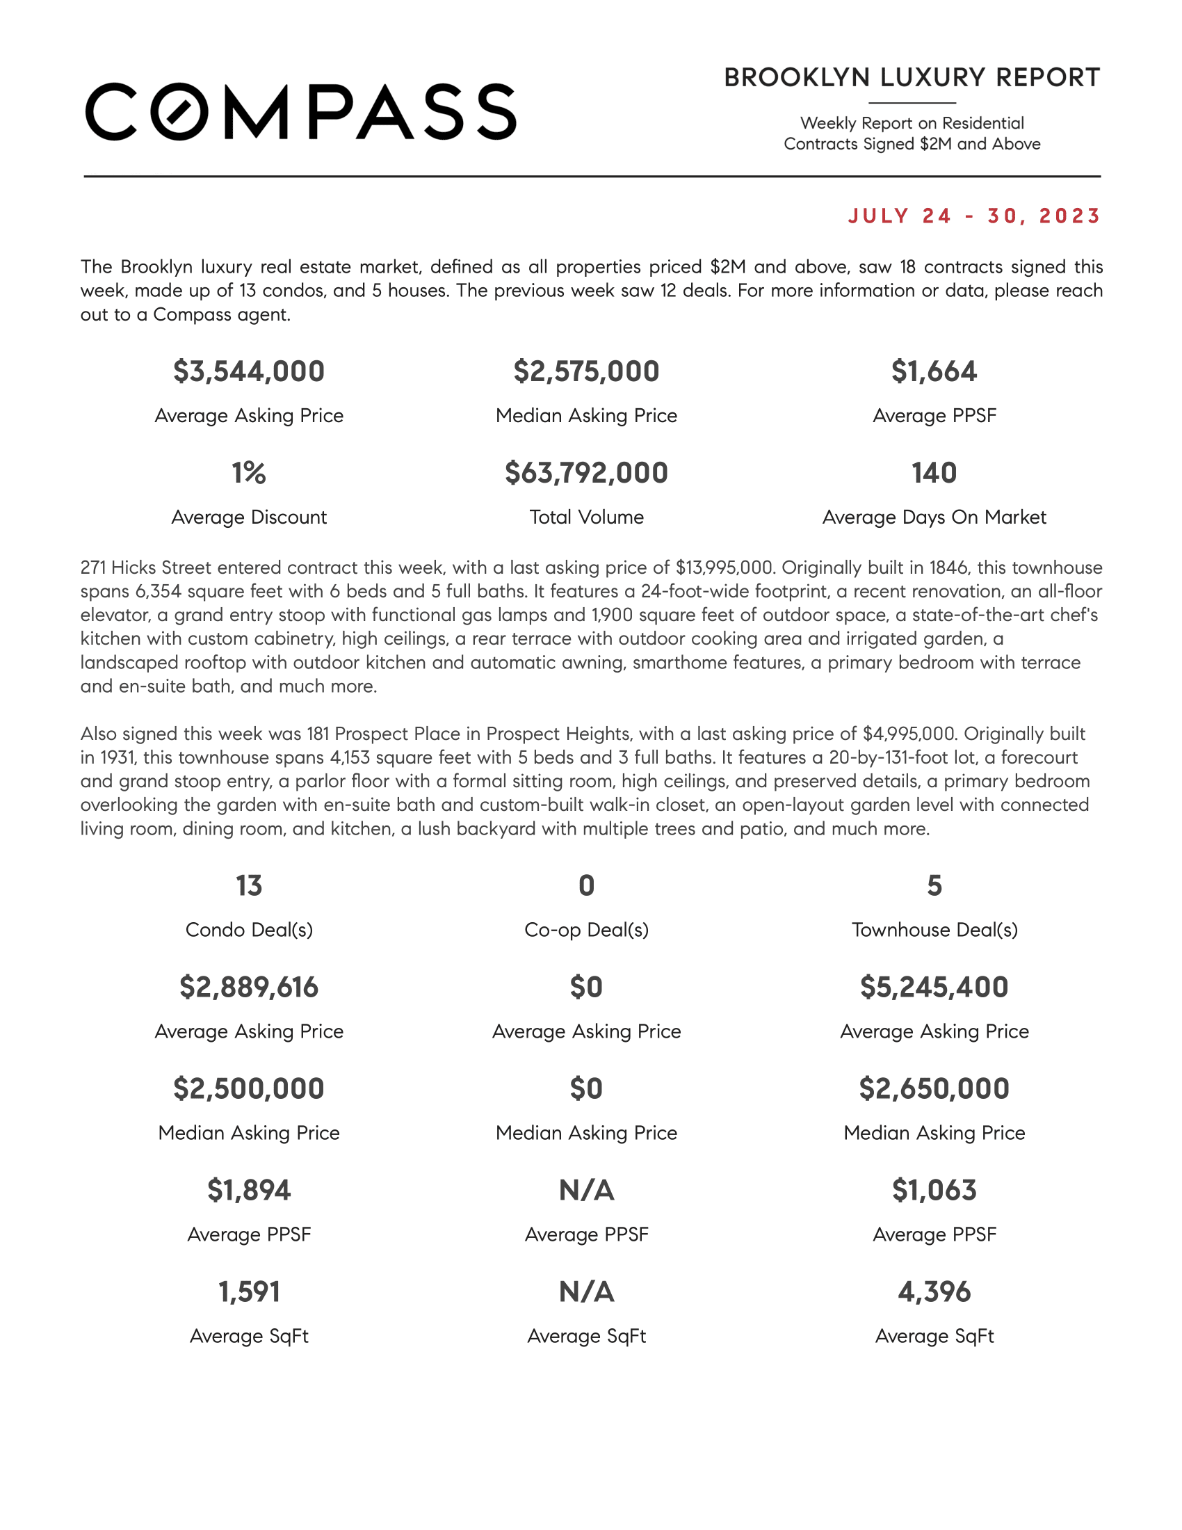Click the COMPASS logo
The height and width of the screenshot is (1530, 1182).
tap(300, 112)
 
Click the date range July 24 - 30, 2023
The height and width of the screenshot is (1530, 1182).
tap(974, 216)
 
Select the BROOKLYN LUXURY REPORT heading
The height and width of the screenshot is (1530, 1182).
tap(912, 78)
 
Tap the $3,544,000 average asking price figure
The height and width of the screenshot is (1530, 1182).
tap(250, 371)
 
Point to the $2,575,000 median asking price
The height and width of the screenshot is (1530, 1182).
tap(586, 371)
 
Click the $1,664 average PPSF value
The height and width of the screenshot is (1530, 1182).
tap(933, 371)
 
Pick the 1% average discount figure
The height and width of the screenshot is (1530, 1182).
tap(250, 473)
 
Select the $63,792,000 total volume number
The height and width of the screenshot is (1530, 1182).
tap(586, 473)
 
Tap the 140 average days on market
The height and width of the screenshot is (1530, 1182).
tap(933, 473)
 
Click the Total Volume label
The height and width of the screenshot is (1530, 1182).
tap(586, 517)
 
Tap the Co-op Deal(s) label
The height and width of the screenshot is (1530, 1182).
tap(586, 930)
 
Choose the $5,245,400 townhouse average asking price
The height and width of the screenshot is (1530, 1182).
tap(933, 987)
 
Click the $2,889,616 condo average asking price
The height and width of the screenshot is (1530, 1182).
tap(250, 987)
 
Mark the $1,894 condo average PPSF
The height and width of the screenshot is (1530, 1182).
tap(250, 1190)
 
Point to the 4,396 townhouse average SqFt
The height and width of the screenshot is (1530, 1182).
tap(933, 1292)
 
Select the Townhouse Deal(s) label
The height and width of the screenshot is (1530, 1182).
tap(933, 930)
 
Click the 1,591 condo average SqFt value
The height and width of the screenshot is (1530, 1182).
tap(250, 1292)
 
